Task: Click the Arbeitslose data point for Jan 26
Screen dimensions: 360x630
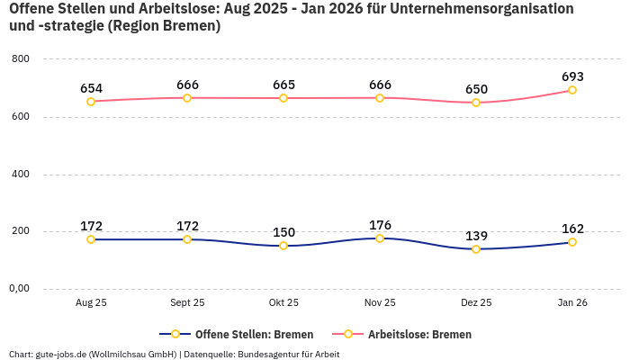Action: (x=572, y=90)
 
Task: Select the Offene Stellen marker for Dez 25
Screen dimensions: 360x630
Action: (x=476, y=249)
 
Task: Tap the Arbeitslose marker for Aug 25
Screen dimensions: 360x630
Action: (x=91, y=102)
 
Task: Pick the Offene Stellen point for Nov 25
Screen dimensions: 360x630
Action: (x=380, y=238)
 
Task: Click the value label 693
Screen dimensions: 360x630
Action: (x=572, y=76)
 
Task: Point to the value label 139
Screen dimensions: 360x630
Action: (x=476, y=236)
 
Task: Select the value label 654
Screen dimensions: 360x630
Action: (x=91, y=88)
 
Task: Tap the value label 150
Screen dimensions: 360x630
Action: (x=283, y=232)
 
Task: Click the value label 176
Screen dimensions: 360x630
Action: (x=380, y=225)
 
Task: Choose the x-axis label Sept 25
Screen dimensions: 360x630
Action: (x=187, y=303)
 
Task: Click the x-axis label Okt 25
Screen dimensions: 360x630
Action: (x=283, y=303)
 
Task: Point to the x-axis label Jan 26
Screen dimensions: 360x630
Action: (x=572, y=303)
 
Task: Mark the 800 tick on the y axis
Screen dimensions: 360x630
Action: (x=22, y=58)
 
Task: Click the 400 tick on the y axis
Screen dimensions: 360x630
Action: (x=22, y=174)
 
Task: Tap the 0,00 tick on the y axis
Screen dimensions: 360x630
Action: (x=19, y=289)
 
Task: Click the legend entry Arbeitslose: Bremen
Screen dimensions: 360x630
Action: (x=418, y=334)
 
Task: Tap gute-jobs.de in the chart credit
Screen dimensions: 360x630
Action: (x=58, y=355)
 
